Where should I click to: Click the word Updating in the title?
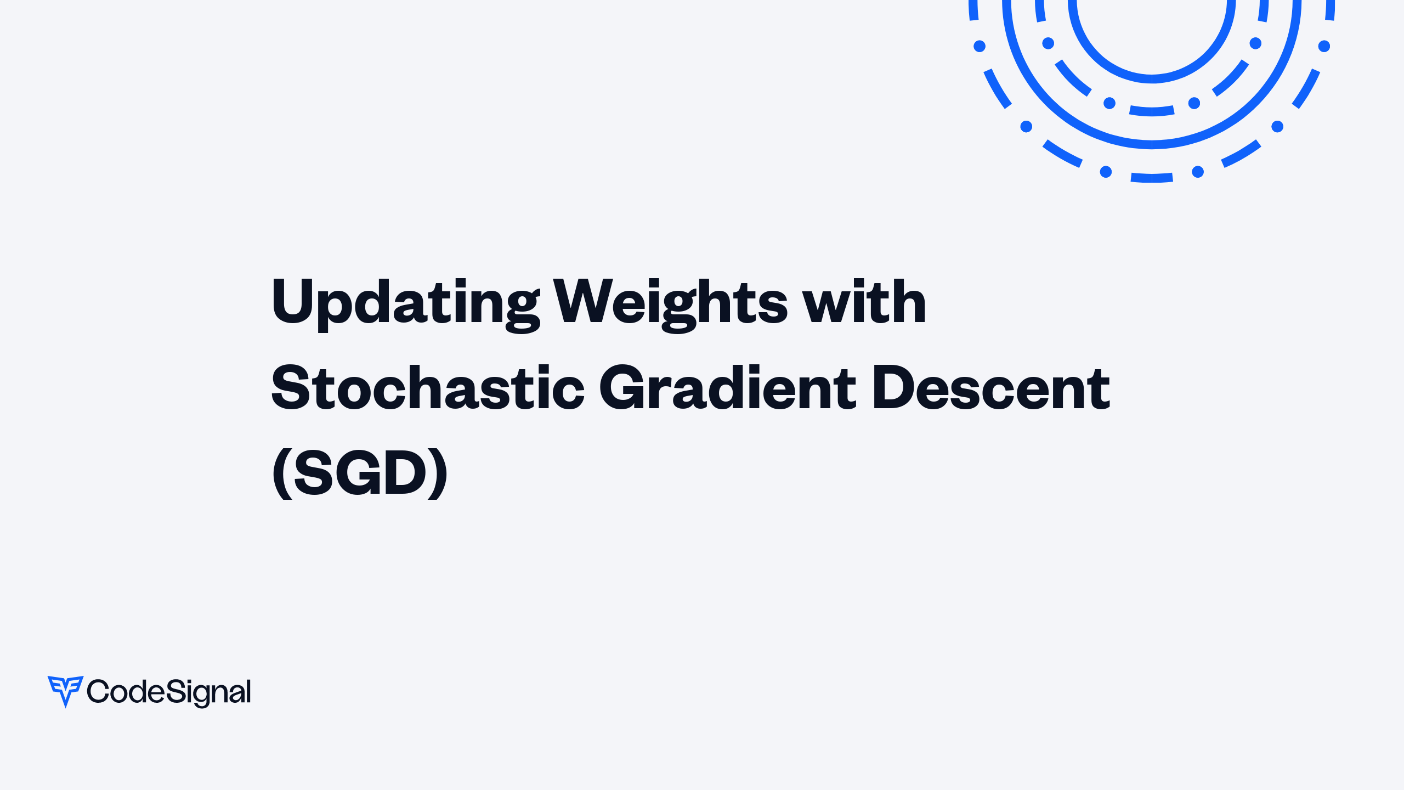pyautogui.click(x=405, y=303)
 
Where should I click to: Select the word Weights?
pyautogui.click(x=670, y=303)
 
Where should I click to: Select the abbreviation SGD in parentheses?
pyautogui.click(x=360, y=473)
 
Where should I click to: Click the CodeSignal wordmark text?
pyautogui.click(x=169, y=692)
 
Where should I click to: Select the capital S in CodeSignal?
pyautogui.click(x=174, y=691)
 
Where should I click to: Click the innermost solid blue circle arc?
pyautogui.click(x=1152, y=79)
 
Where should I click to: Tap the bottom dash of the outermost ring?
pyautogui.click(x=1152, y=178)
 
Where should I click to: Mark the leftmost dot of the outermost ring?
pyautogui.click(x=980, y=46)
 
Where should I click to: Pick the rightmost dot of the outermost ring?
pyautogui.click(x=1324, y=46)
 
